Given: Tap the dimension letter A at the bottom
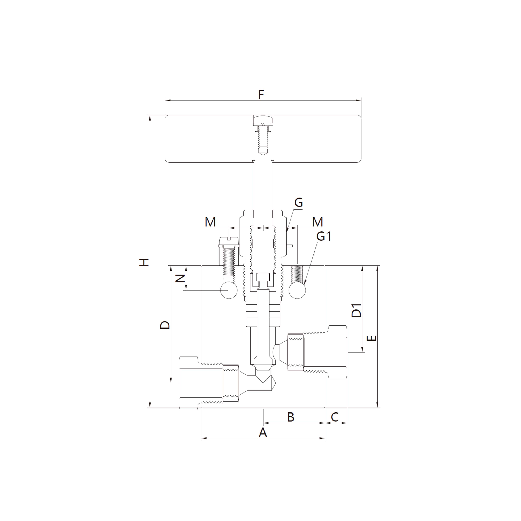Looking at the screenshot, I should [263, 433].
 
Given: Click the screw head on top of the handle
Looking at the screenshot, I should [263, 120].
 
